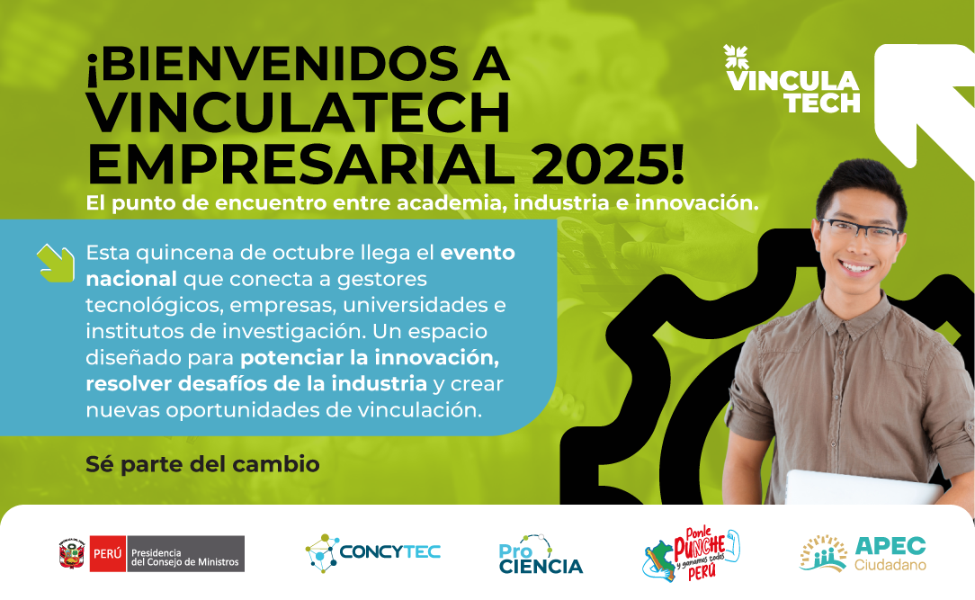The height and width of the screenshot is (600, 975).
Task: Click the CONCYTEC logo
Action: (x=373, y=552)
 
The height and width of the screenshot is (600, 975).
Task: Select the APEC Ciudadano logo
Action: (x=863, y=552)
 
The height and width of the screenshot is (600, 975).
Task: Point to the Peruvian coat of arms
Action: (x=72, y=553)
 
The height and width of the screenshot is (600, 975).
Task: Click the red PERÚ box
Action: (x=108, y=553)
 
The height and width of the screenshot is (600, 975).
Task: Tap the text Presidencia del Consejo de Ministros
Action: (x=184, y=557)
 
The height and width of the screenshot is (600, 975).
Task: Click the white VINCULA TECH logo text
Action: (x=793, y=92)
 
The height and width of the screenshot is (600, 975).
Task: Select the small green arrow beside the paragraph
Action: (x=56, y=263)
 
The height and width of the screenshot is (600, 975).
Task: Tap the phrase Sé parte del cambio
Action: (x=202, y=464)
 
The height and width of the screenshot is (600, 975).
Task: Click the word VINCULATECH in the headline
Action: (x=299, y=113)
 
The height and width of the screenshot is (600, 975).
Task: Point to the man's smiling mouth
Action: (x=856, y=267)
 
